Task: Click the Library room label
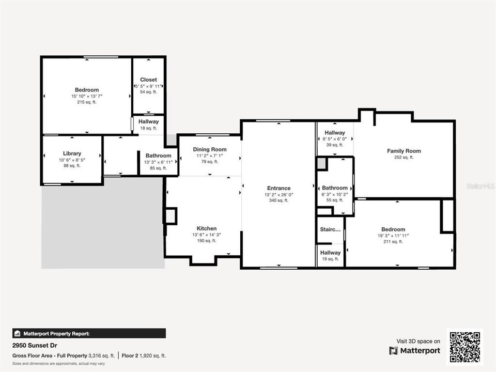pyautogui.click(x=72, y=153)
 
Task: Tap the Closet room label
pyautogui.click(x=148, y=80)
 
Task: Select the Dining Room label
pyautogui.click(x=210, y=149)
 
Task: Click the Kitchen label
pyautogui.click(x=207, y=228)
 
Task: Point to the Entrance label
pyautogui.click(x=278, y=188)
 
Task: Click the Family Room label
pyautogui.click(x=404, y=151)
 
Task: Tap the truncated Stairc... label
pyautogui.click(x=330, y=229)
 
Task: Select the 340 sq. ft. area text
pyautogui.click(x=278, y=200)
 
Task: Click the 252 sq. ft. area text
pyautogui.click(x=404, y=158)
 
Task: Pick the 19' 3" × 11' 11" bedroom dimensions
pyautogui.click(x=393, y=236)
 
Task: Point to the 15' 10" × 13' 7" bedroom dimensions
pyautogui.click(x=87, y=96)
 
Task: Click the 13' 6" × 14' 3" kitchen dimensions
pyautogui.click(x=207, y=235)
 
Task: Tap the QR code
pyautogui.click(x=464, y=347)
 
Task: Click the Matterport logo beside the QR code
pyautogui.click(x=415, y=351)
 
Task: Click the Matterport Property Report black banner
pyautogui.click(x=89, y=334)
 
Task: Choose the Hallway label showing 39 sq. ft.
pyautogui.click(x=335, y=133)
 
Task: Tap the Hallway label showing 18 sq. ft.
pyautogui.click(x=149, y=121)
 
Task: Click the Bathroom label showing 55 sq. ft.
pyautogui.click(x=335, y=188)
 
